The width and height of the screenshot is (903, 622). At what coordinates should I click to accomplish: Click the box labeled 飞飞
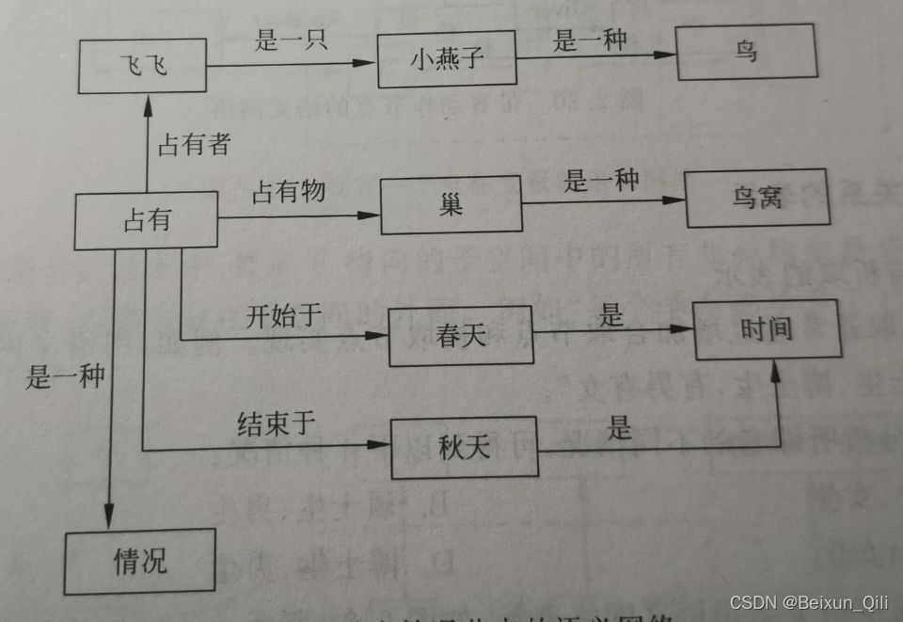(142, 66)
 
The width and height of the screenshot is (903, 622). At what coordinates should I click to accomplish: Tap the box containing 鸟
(746, 52)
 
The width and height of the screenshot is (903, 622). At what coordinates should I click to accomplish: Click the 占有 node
(146, 221)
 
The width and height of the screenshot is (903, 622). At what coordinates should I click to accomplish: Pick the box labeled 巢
(451, 205)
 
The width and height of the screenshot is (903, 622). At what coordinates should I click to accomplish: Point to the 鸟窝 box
(757, 199)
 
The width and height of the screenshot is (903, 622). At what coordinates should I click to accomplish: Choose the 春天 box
(462, 336)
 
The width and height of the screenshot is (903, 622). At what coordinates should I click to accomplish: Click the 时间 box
(766, 329)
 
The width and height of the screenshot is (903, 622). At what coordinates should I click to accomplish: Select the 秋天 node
(464, 447)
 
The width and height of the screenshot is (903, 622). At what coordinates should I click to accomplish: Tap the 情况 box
(140, 562)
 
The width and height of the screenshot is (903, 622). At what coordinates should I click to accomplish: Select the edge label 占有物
(288, 192)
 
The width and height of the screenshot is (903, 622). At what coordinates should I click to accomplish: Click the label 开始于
(284, 315)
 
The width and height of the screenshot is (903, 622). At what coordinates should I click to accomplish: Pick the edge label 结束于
(276, 423)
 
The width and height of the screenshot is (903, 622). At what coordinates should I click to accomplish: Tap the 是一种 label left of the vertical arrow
(65, 377)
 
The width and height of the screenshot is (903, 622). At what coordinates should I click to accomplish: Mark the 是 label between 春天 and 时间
(612, 315)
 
